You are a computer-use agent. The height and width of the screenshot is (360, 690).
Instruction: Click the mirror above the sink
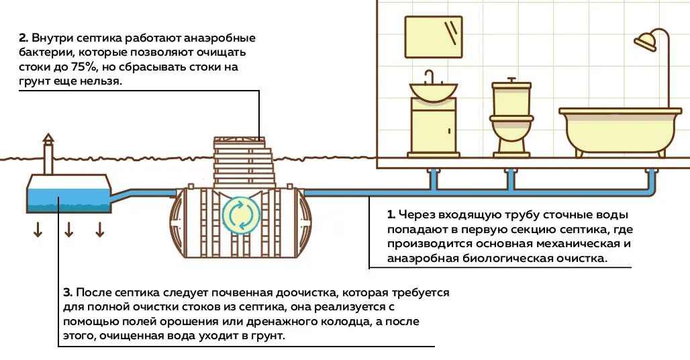434,37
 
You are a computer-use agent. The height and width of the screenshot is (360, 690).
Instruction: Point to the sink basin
434,91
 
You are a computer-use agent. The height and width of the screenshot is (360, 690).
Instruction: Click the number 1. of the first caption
391,215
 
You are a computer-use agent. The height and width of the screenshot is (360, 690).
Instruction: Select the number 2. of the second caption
23,38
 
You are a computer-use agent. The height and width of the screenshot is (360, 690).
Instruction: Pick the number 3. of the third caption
67,293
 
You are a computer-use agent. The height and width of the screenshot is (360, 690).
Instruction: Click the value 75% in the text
84,67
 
